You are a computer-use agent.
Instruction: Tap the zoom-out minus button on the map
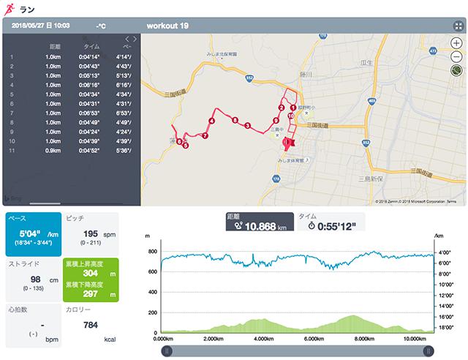(x=456, y=56)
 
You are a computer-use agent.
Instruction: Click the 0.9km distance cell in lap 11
(x=52, y=151)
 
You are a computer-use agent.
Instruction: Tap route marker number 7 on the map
(x=205, y=136)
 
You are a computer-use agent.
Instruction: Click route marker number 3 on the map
(x=248, y=127)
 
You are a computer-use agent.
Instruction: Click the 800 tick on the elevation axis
(x=152, y=251)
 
